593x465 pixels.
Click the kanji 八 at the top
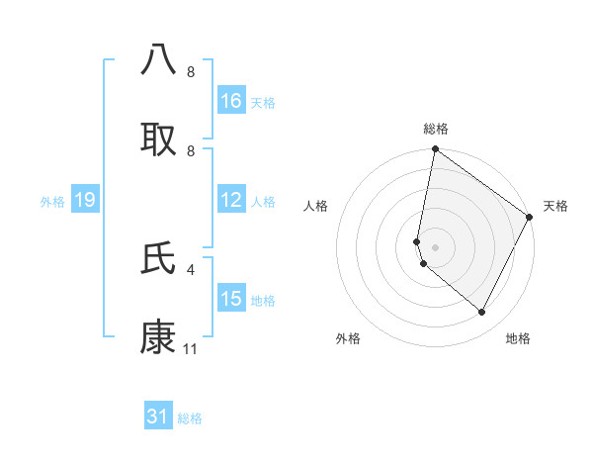159,58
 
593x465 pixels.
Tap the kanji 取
159,138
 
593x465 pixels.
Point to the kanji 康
159,336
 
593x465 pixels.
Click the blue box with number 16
231,101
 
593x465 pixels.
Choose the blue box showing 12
231,200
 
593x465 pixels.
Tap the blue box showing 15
231,299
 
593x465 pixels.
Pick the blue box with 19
85,200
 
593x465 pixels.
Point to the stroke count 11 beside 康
191,349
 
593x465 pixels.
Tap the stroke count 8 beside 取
191,151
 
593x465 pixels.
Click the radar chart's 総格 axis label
436,129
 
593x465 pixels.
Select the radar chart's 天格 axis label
555,206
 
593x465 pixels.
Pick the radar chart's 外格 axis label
348,338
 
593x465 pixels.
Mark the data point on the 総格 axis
436,150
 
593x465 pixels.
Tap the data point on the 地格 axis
482,312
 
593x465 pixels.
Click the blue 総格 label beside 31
190,418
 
